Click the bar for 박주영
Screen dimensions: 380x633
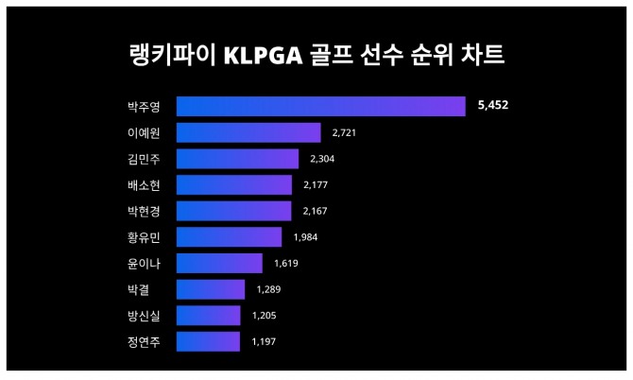click(320, 106)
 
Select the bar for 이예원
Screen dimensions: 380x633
click(248, 132)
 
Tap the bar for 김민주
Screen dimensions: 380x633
click(237, 159)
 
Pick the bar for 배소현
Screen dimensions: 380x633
click(234, 184)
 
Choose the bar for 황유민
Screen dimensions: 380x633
click(229, 236)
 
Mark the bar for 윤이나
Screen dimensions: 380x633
click(219, 263)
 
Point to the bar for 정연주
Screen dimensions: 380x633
click(208, 341)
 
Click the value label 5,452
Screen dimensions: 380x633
click(493, 106)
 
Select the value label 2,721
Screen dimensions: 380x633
click(344, 132)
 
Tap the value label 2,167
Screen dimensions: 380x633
click(315, 211)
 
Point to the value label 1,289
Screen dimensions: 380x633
click(268, 289)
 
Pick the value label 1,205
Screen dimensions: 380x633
click(264, 316)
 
